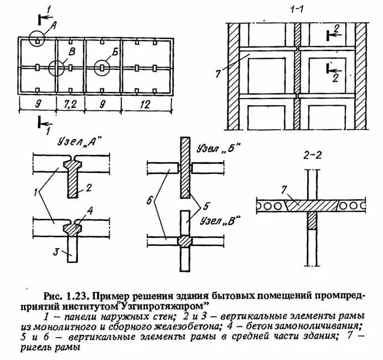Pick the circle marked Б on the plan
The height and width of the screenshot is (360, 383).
tap(102, 68)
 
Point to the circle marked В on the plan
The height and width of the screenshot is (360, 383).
tap(56, 68)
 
